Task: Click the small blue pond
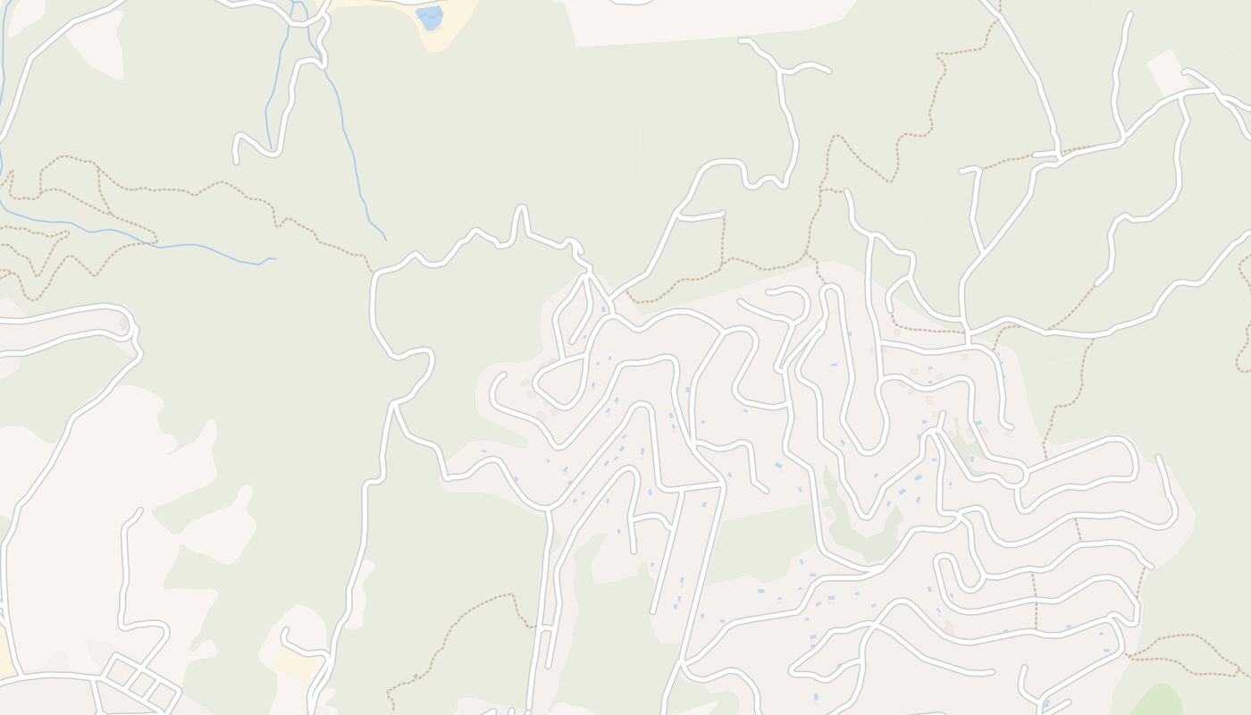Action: tap(430, 18)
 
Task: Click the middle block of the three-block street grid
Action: tap(141, 684)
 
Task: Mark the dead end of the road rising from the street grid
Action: tap(139, 512)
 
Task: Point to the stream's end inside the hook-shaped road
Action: tap(268, 147)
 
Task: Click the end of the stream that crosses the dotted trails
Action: tap(273, 259)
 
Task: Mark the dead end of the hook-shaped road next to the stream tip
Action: tap(236, 161)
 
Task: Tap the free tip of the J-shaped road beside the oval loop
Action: tap(1160, 458)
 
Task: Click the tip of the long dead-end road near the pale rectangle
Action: tap(1130, 15)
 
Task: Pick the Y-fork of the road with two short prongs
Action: tap(784, 70)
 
